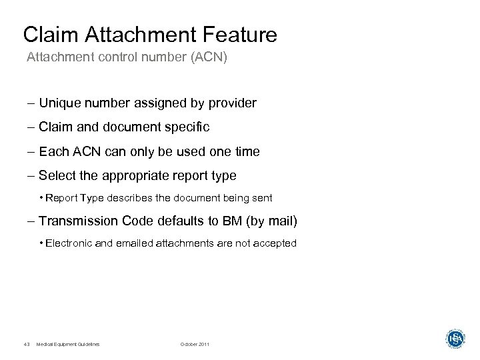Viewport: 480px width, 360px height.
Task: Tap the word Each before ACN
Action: click(53, 152)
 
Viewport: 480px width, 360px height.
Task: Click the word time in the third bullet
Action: click(246, 152)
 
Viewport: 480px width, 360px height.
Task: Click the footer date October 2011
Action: click(194, 343)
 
